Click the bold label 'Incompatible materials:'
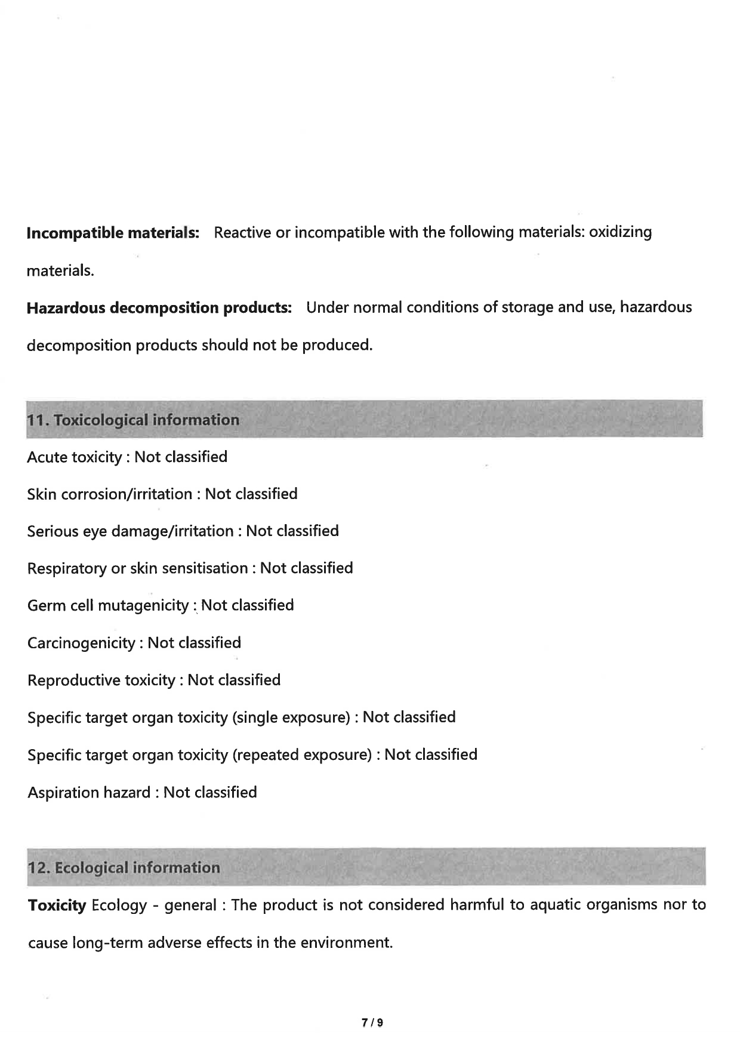coord(113,233)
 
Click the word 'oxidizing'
coord(620,232)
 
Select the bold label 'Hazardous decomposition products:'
coord(159,308)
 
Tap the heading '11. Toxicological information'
coord(133,420)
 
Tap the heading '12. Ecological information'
coord(124,867)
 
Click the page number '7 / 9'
coord(372,1023)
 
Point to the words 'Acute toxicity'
coord(75,457)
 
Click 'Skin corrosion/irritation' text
coord(110,494)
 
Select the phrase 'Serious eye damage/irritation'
coord(130,531)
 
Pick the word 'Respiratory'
coord(67,568)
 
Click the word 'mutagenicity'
coord(143,606)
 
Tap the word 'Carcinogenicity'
coord(81,643)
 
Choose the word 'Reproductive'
coord(74,680)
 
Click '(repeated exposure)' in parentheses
coord(302,755)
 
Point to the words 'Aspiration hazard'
coord(89,793)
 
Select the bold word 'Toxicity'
coord(57,906)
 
